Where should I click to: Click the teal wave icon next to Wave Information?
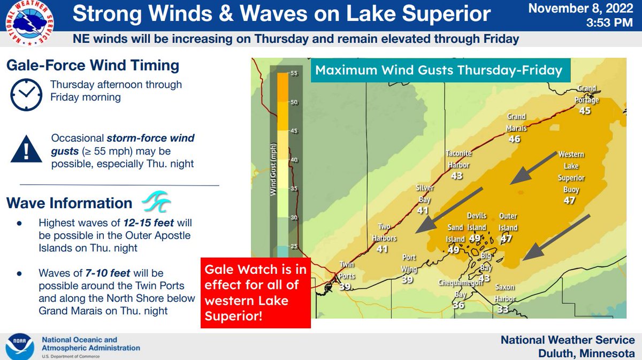(156, 203)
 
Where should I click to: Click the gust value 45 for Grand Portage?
(585, 110)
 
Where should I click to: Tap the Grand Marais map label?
(517, 122)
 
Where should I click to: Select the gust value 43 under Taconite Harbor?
(456, 175)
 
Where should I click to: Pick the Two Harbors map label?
(385, 232)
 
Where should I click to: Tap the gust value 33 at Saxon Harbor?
(503, 309)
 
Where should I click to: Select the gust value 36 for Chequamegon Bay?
(458, 305)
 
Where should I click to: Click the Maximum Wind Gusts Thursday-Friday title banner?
(438, 70)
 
